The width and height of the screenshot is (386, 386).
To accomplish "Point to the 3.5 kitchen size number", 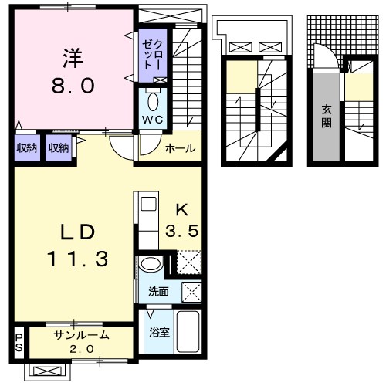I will point(182,229).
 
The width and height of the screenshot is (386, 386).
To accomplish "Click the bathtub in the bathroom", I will point(188,333).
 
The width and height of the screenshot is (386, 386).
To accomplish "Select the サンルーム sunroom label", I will point(81,336).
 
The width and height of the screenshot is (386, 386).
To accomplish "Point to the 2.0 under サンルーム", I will point(82,350).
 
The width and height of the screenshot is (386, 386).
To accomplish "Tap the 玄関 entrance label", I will point(327,116).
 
